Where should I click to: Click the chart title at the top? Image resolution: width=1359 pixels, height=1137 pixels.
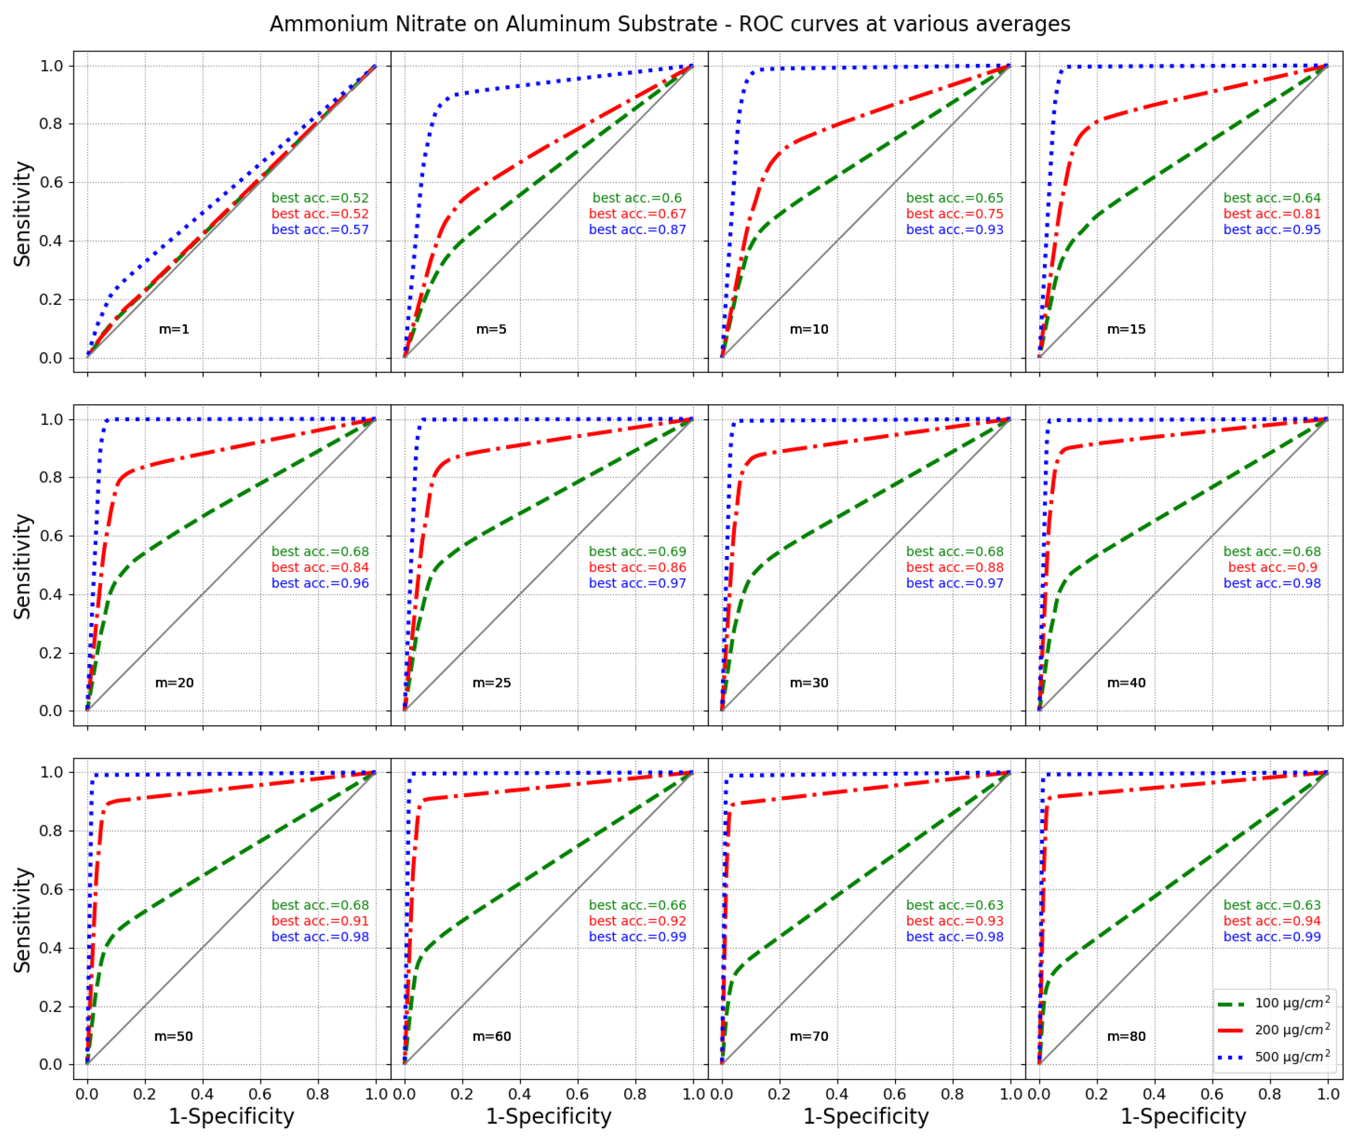pos(670,24)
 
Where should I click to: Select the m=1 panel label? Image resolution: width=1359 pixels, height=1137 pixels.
pos(174,329)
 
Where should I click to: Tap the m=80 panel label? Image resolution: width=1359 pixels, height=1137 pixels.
pos(1126,1036)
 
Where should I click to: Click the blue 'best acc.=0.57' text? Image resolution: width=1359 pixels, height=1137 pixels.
pos(320,230)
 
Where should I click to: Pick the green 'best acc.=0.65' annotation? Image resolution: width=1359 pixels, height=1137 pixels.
pos(955,198)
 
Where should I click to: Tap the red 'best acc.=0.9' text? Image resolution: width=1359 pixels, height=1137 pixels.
pos(1272,568)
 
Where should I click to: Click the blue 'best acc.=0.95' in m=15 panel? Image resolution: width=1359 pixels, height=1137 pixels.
pos(1272,230)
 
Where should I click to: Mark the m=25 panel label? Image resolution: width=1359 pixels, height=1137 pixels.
pos(491,683)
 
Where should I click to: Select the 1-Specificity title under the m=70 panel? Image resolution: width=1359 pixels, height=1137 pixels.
pos(866,1116)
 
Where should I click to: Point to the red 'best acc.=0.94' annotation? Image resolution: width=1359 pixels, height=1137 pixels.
pos(1272,921)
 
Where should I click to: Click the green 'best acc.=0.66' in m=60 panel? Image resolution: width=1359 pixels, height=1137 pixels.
pos(637,906)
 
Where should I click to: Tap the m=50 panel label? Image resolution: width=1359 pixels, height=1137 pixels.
pos(173,1036)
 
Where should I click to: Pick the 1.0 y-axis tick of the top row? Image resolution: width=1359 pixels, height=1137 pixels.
pos(51,66)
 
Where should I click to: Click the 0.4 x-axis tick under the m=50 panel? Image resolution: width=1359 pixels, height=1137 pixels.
pos(203,1094)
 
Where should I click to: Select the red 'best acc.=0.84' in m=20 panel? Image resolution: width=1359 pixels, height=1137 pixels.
pos(320,568)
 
